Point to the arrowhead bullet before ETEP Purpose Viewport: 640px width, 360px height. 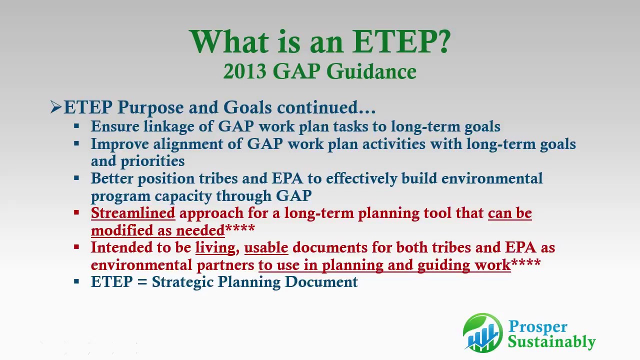click(55, 107)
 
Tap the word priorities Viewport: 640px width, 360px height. click(152, 161)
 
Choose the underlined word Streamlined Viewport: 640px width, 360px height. click(133, 213)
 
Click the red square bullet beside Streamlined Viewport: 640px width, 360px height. click(76, 213)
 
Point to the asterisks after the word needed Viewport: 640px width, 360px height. click(240, 229)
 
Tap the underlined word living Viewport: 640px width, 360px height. click(215, 247)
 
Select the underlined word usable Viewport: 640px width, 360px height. click(266, 247)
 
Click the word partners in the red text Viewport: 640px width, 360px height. click(225, 264)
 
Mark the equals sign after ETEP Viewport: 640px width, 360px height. click(142, 282)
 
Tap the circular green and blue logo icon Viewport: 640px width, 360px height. click(482, 332)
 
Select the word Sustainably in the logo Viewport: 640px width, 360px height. click(551, 342)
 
